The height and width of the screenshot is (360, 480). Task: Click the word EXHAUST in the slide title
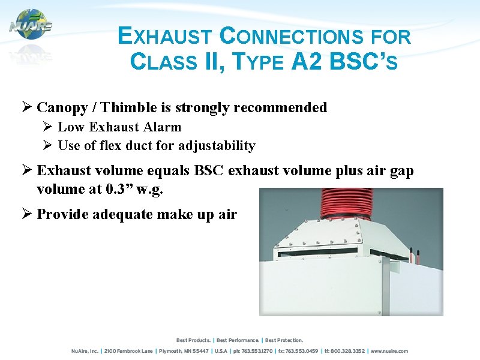tap(164, 37)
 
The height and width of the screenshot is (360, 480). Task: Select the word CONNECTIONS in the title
tap(290, 37)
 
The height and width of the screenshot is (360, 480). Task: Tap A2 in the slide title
tap(307, 61)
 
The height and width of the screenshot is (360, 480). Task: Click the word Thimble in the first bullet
tap(129, 107)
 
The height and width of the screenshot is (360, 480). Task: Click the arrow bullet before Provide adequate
tap(26, 214)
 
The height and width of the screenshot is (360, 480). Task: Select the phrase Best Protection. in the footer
tap(284, 340)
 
